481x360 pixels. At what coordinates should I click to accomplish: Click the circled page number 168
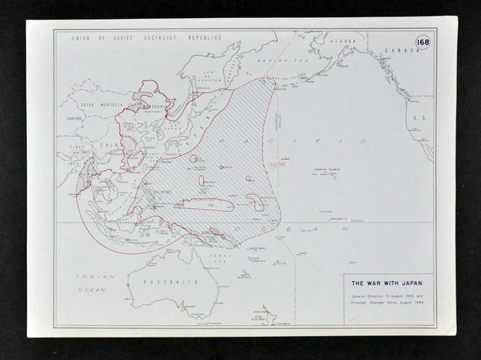[422, 42]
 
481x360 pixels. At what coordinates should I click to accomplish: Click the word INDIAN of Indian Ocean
[91, 277]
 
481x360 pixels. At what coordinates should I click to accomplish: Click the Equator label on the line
[357, 219]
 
